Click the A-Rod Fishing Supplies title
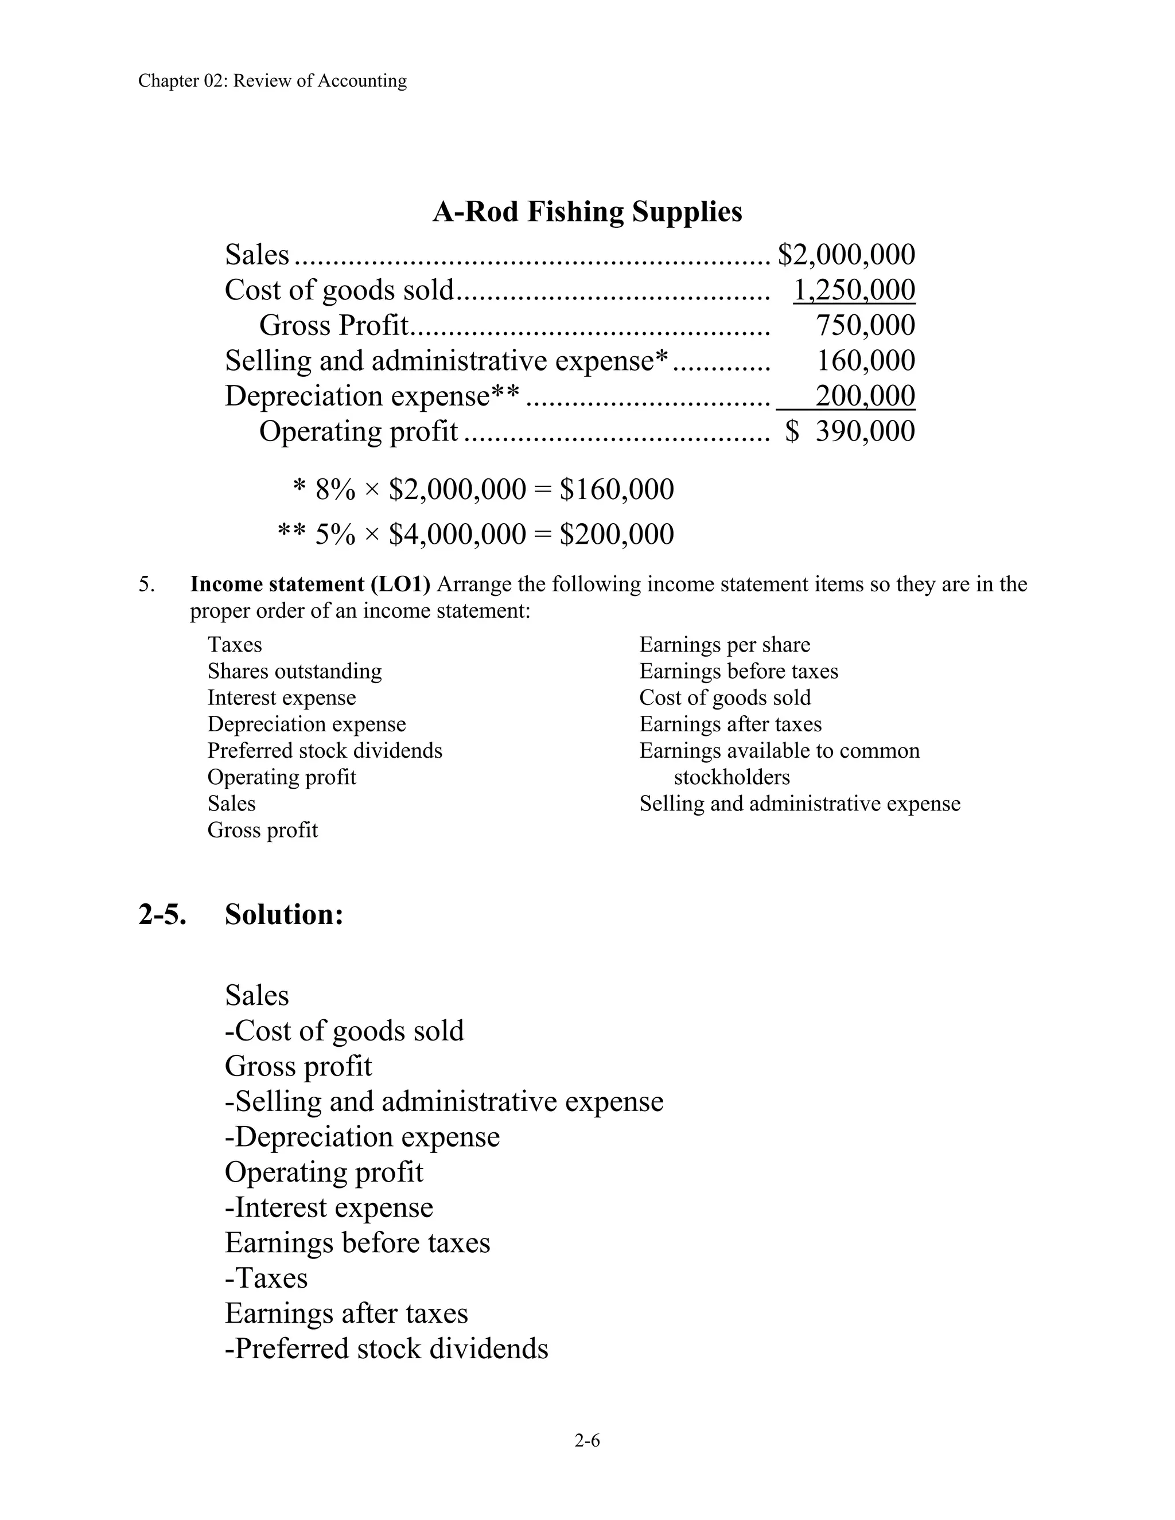(587, 212)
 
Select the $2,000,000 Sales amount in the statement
(846, 255)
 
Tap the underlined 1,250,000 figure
(854, 290)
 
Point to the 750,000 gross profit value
(865, 326)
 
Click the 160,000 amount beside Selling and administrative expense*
(865, 361)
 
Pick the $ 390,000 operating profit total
(850, 431)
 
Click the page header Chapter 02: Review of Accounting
(272, 81)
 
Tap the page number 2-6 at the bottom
(587, 1440)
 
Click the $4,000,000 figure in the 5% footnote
(457, 535)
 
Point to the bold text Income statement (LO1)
(310, 584)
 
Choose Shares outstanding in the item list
(294, 671)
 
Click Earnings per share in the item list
(725, 645)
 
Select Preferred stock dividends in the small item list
(324, 750)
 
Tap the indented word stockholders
(732, 777)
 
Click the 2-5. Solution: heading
(241, 914)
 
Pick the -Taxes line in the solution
(266, 1278)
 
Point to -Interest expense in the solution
(329, 1207)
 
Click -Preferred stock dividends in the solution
(386, 1348)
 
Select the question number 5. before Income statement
(146, 584)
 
